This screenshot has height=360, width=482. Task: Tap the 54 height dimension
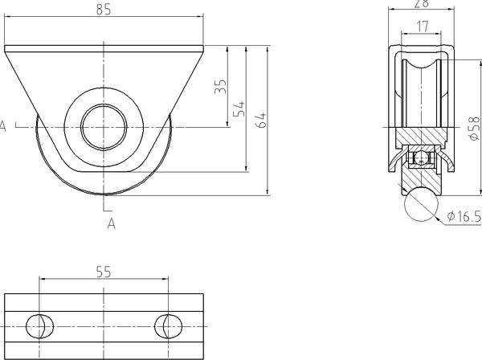tap(239, 108)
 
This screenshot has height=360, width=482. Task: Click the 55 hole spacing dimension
tap(103, 272)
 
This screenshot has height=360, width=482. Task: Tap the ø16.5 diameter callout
tap(462, 215)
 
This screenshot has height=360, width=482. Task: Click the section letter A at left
tap(3, 126)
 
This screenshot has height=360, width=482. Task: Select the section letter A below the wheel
tap(111, 224)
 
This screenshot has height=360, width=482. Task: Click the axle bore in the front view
tap(104, 126)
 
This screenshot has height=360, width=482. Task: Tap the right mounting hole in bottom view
tap(168, 326)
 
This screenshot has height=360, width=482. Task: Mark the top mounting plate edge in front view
tap(104, 50)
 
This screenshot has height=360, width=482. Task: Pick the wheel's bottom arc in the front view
tap(104, 195)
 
